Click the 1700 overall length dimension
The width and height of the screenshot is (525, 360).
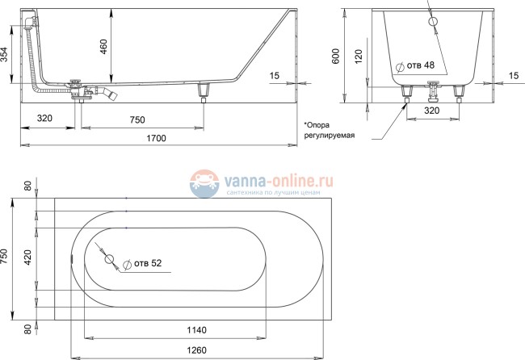point(157,139)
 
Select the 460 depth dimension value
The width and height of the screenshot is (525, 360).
point(103,46)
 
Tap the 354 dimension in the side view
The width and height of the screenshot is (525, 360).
point(6,54)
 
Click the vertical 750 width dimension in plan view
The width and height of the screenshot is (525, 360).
point(6,257)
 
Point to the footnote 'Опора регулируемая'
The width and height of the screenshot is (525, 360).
point(330,132)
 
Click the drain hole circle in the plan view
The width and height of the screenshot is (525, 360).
point(112,262)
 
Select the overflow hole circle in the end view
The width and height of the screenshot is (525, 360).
point(432,22)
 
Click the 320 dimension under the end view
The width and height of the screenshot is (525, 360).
point(432,111)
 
